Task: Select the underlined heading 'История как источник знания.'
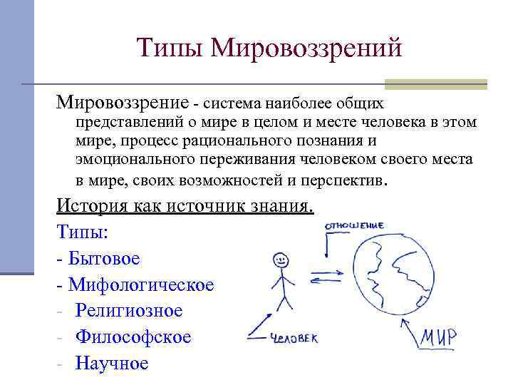tap(185, 206)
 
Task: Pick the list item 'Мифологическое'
tap(140, 284)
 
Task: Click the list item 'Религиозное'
tap(129, 311)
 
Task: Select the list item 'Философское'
tap(133, 337)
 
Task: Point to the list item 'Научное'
tap(112, 363)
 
